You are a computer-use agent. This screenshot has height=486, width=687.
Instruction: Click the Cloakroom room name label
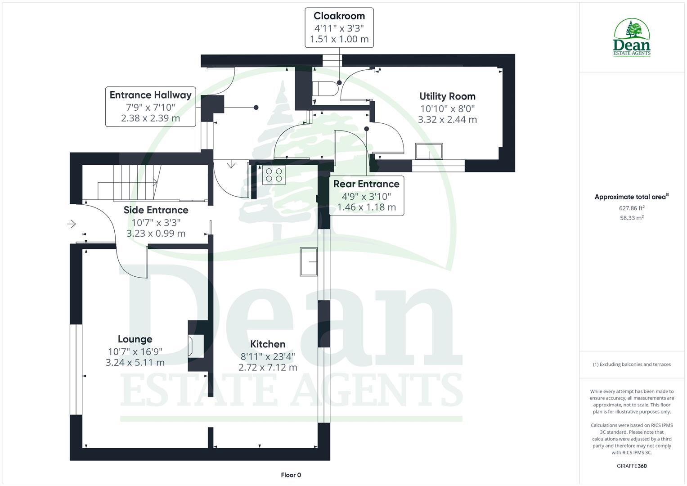[339, 16]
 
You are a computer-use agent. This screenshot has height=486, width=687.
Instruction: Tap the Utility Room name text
[447, 96]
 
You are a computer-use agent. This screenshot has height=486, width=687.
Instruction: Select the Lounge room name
[135, 339]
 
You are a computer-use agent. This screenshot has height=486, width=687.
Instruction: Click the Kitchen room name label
[268, 344]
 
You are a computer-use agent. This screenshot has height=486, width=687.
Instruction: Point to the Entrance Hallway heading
[151, 95]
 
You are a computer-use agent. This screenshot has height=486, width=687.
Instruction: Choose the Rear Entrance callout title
[366, 184]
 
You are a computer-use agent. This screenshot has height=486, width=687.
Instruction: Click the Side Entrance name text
[156, 210]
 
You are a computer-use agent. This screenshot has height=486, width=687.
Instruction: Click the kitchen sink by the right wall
[309, 261]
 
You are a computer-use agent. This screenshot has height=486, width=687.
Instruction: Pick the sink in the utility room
[429, 151]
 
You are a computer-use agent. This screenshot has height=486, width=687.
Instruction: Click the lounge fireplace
[196, 346]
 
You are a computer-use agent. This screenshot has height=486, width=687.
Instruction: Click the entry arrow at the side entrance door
[72, 224]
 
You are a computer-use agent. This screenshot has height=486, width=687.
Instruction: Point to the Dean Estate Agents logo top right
[632, 37]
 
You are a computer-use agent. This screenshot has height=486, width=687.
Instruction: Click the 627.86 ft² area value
[632, 208]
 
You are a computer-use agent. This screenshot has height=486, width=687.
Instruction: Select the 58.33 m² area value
[632, 218]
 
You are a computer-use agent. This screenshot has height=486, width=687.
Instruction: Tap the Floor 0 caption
[291, 475]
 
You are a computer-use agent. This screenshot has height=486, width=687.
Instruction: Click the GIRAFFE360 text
[632, 466]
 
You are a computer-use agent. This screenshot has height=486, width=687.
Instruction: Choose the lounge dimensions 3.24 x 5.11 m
[135, 363]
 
